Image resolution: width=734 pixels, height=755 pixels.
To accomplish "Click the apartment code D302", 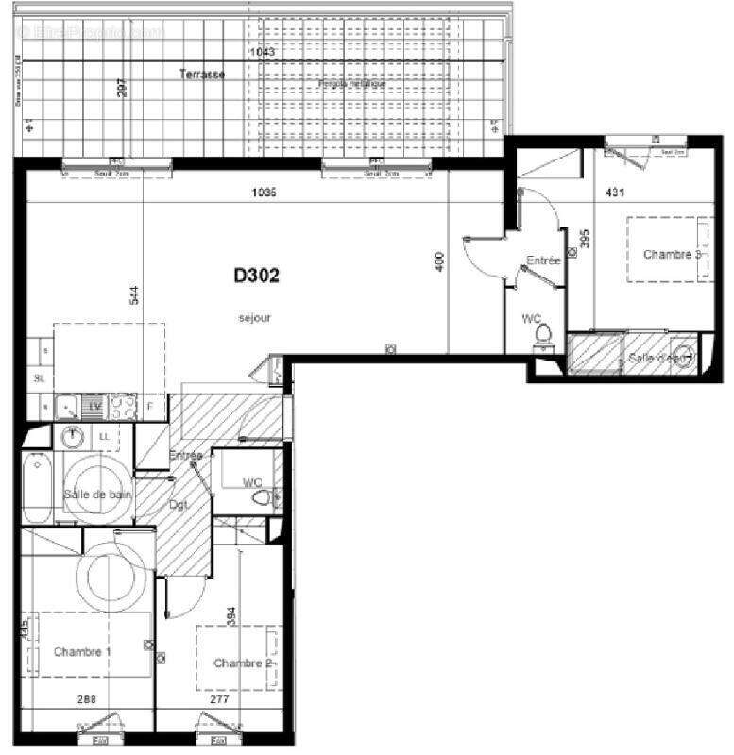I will pyautogui.click(x=257, y=277).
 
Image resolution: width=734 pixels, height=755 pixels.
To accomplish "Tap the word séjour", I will pyautogui.click(x=255, y=318).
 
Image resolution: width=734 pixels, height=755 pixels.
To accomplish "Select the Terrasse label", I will pyautogui.click(x=202, y=75).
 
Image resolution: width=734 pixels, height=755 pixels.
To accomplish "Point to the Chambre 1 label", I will pyautogui.click(x=82, y=652).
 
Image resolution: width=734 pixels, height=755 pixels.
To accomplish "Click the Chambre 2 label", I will pyautogui.click(x=242, y=663).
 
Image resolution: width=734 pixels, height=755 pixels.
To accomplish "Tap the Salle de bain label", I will pyautogui.click(x=98, y=495).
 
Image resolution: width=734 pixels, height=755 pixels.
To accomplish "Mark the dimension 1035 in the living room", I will pyautogui.click(x=265, y=193).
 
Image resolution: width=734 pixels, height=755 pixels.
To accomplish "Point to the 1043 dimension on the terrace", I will pyautogui.click(x=264, y=53).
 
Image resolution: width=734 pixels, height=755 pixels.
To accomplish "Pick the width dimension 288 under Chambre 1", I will pyautogui.click(x=88, y=700).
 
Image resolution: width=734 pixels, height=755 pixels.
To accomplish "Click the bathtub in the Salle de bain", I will pyautogui.click(x=38, y=489).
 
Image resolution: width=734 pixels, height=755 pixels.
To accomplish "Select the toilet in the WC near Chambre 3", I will pyautogui.click(x=543, y=336).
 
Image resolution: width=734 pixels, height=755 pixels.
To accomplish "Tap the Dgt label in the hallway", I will pyautogui.click(x=179, y=505).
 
